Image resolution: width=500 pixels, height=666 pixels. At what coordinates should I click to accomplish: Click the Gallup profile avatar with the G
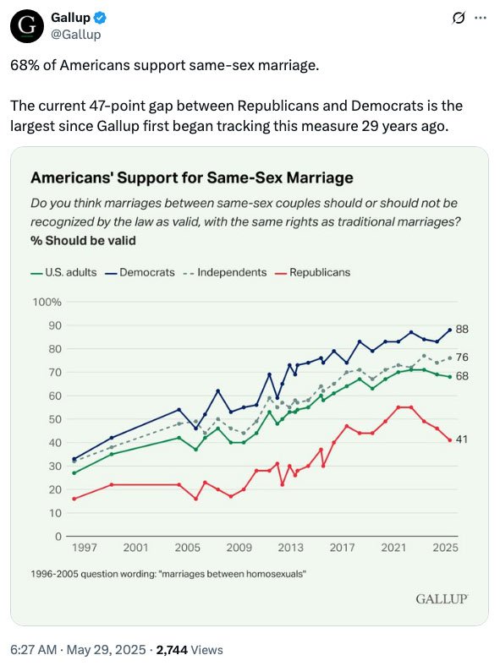tap(27, 26)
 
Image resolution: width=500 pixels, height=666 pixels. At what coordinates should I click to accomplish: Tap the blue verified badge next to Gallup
tap(100, 18)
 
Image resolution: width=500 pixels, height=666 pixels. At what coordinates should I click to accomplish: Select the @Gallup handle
tap(76, 35)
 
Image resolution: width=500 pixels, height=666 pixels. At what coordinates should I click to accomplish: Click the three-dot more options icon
tap(480, 18)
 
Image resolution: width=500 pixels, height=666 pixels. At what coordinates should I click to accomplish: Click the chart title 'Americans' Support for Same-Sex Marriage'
tap(192, 177)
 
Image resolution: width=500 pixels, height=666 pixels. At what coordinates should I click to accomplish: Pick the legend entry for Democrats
tap(140, 272)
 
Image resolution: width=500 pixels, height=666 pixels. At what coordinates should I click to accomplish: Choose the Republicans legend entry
tap(313, 272)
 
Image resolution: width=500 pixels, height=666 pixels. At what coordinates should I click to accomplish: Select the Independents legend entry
tap(225, 272)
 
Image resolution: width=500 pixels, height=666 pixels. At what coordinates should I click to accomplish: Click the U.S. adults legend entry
tap(63, 272)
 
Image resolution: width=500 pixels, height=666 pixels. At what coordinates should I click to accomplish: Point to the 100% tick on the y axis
tap(47, 302)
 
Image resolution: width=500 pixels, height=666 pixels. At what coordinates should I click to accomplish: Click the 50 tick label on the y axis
tap(56, 419)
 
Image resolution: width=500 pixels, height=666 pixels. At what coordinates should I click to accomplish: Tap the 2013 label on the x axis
tap(291, 548)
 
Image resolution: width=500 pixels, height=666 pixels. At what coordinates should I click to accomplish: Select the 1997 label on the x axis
tap(85, 548)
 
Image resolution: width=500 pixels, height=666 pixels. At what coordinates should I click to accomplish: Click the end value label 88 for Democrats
tap(462, 329)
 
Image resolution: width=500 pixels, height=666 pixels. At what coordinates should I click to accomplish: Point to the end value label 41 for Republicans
tap(461, 439)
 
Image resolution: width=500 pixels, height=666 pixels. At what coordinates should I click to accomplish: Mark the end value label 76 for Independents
tap(462, 358)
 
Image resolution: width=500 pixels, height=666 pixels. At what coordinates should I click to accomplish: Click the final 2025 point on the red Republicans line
tap(450, 440)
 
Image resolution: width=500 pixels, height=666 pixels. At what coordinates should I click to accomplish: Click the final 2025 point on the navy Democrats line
tap(450, 330)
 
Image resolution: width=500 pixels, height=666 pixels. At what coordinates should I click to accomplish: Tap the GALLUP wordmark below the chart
tap(442, 599)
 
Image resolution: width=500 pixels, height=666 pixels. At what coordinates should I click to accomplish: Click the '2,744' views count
tap(172, 650)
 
